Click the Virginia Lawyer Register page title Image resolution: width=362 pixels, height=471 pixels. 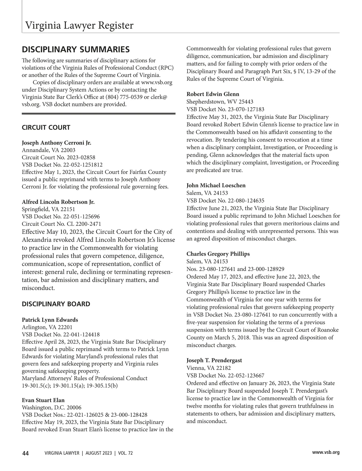(x=79, y=25)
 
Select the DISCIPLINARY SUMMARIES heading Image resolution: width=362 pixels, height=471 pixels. (x=76, y=49)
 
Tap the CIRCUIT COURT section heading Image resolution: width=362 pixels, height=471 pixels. (x=46, y=127)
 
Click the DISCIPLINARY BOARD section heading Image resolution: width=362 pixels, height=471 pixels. (x=56, y=304)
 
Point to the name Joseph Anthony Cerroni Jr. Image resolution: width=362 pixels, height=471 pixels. (x=56, y=143)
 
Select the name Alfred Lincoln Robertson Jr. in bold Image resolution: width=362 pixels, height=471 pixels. (x=58, y=202)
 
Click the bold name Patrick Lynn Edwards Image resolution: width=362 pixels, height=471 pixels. (x=50, y=320)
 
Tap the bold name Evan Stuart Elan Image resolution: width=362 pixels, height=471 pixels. (x=43, y=400)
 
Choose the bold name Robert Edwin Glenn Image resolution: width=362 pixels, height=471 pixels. (x=213, y=94)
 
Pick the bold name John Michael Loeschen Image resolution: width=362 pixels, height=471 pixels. (x=216, y=186)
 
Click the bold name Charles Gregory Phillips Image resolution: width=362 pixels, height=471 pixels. (x=218, y=254)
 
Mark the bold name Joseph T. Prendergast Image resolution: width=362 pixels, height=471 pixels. (x=214, y=360)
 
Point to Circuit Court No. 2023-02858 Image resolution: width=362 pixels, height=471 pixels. (x=59, y=158)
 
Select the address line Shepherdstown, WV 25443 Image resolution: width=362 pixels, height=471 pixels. (x=220, y=102)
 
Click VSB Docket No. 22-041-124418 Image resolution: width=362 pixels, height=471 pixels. (x=61, y=335)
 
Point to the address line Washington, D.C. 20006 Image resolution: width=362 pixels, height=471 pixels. (x=52, y=408)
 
